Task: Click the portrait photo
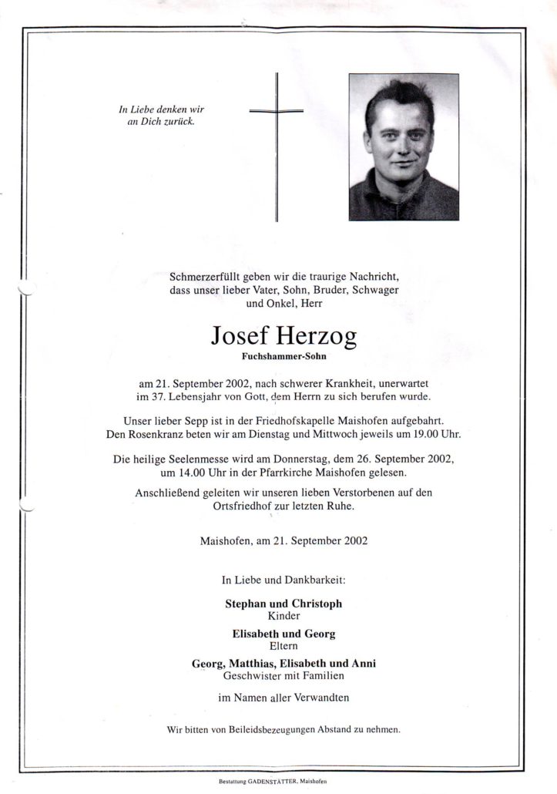pyautogui.click(x=403, y=146)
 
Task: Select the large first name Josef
pyautogui.click(x=236, y=337)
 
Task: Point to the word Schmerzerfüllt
pyautogui.click(x=203, y=275)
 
